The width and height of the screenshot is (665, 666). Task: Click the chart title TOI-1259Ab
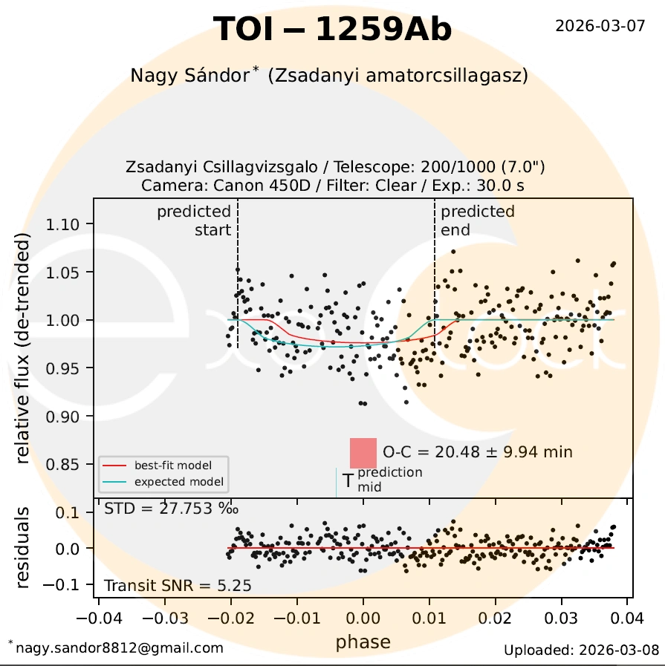[332, 30]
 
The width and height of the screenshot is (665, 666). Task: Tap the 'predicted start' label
[195, 221]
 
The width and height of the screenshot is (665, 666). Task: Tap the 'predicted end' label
[477, 221]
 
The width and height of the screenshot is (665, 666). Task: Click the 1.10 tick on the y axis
[70, 224]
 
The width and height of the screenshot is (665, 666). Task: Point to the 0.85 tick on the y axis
[70, 464]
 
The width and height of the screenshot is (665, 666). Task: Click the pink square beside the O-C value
[364, 453]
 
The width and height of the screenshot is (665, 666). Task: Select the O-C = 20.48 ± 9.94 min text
[478, 451]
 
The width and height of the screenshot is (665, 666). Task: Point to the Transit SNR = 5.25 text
[178, 586]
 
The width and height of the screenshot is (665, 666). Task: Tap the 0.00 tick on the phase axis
[363, 618]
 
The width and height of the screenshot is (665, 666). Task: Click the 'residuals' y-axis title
[24, 549]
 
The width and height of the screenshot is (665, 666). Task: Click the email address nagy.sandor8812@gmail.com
[119, 648]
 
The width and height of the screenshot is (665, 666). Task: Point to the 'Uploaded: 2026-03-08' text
[581, 650]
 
